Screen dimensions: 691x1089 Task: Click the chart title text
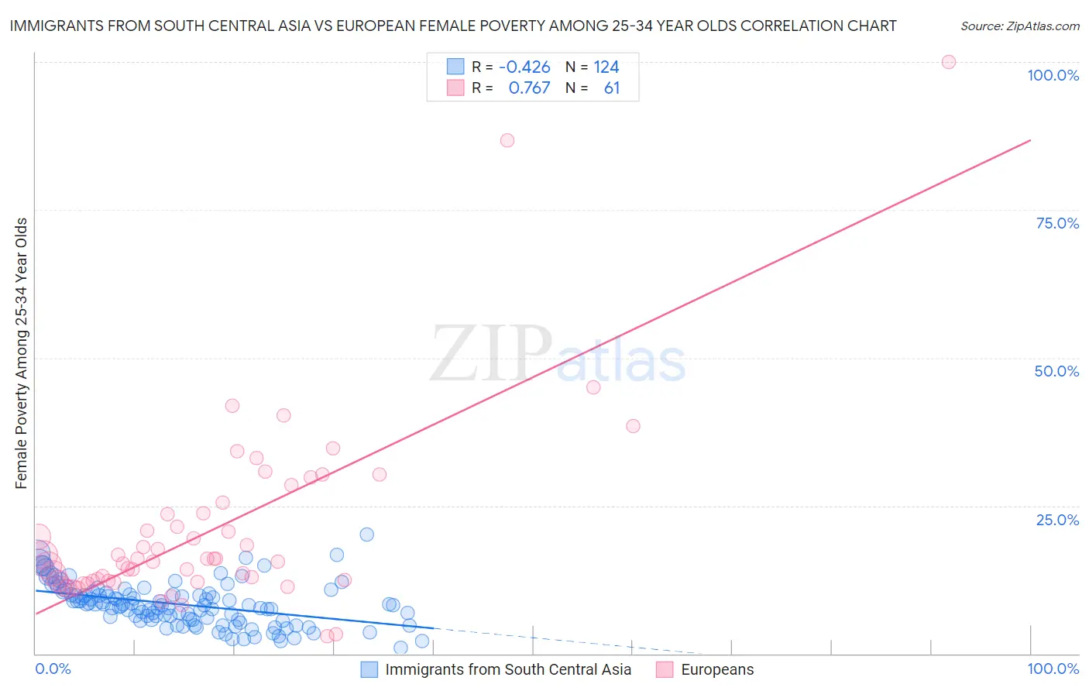[x=452, y=26]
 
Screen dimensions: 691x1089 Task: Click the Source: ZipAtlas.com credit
[x=1019, y=26]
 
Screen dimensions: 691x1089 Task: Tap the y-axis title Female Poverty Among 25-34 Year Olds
[x=21, y=353]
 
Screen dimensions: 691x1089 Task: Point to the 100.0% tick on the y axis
[x=1053, y=75]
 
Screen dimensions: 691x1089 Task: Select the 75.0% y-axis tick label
[x=1057, y=223]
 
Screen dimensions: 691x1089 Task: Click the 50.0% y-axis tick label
[x=1056, y=371]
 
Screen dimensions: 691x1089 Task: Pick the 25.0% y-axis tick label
[x=1057, y=520]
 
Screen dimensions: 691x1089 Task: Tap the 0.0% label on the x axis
[x=53, y=669]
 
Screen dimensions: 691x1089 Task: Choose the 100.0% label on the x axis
[x=1053, y=669]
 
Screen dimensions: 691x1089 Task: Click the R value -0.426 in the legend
[x=524, y=67]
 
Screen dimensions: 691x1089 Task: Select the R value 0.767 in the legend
[x=529, y=88]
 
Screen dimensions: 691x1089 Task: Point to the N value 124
[x=606, y=67]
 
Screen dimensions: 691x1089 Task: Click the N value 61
[x=612, y=88]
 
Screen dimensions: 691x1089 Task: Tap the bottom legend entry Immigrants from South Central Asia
[x=507, y=669]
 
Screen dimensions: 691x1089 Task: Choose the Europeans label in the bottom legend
[x=717, y=669]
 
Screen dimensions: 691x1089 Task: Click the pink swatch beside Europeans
[x=664, y=669]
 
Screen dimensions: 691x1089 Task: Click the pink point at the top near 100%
[x=948, y=62]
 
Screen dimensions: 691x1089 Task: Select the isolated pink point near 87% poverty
[x=507, y=140]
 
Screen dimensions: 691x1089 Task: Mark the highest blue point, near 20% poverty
[x=367, y=535]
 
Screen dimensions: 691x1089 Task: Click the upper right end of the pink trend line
[x=1030, y=140]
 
